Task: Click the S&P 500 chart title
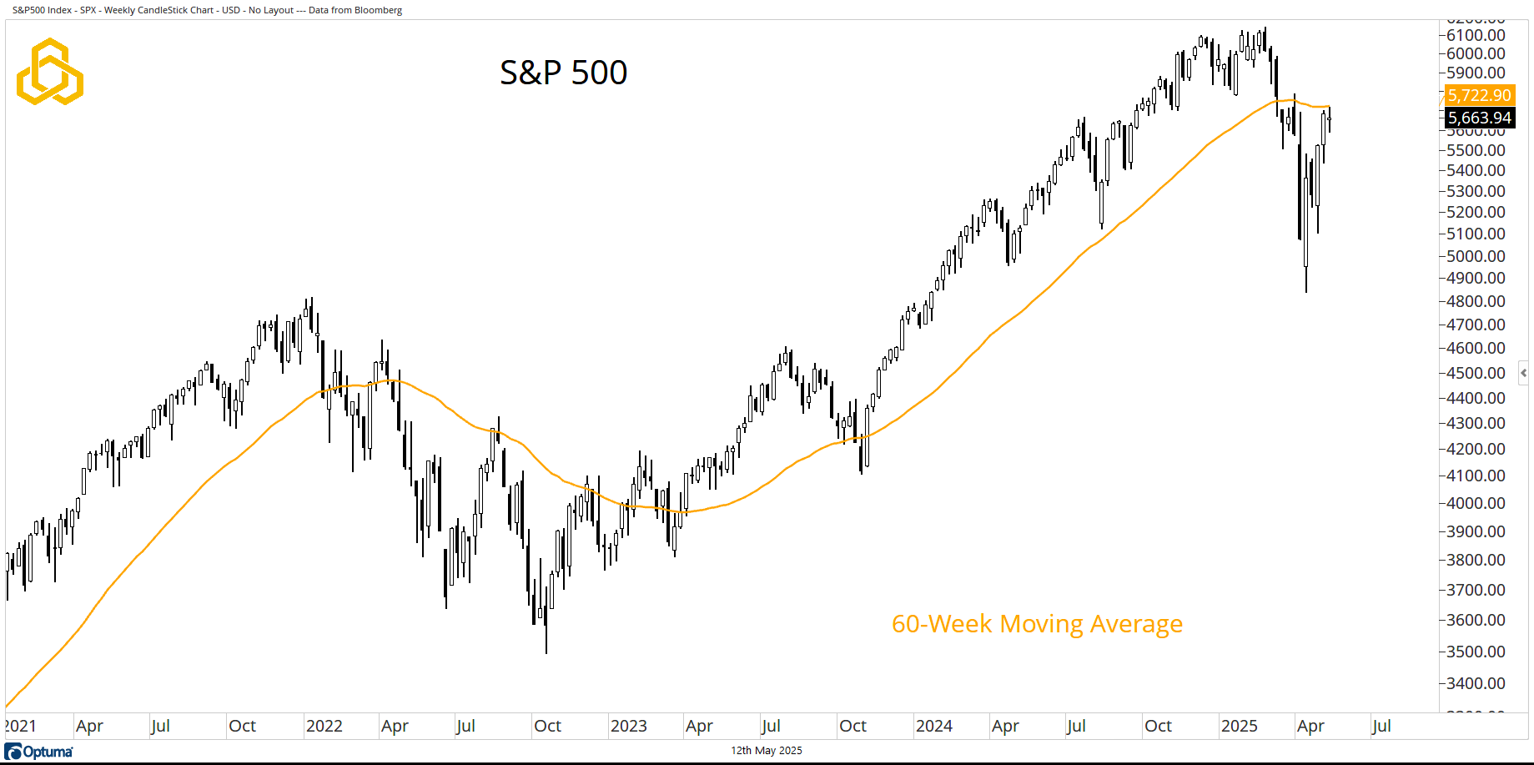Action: coord(563,73)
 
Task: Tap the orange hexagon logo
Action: coord(50,72)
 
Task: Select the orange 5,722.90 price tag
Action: coord(1479,95)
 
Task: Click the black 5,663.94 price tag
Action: coord(1479,118)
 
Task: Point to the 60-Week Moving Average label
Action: coord(1037,624)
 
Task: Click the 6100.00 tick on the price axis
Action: coord(1476,35)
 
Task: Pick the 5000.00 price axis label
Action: coord(1476,256)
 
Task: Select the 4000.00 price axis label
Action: coord(1476,503)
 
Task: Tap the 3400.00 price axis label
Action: coord(1476,683)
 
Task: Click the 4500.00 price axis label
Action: coord(1476,373)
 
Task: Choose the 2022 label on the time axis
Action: coord(324,726)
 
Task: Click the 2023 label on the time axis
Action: coord(628,726)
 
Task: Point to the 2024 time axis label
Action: coord(933,726)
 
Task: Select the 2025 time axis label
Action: coord(1239,726)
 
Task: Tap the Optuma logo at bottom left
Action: coord(39,752)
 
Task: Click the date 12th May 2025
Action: coord(767,751)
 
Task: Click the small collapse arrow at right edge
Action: coord(1523,373)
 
